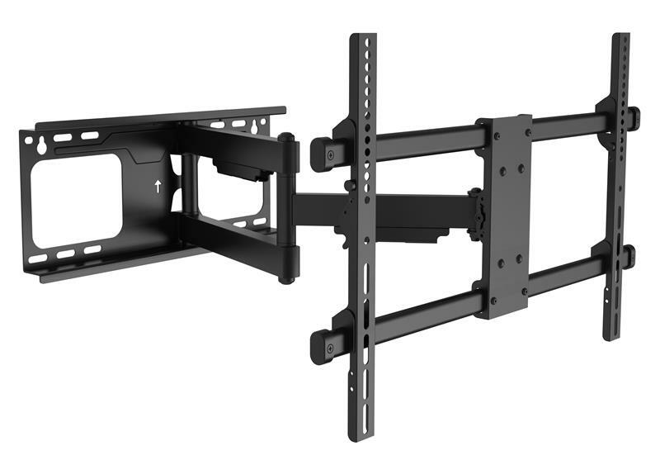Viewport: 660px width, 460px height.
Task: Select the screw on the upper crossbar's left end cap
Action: pyautogui.click(x=328, y=154)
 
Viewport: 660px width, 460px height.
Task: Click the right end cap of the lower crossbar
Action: pyautogui.click(x=629, y=256)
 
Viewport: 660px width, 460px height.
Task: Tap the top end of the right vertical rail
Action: pyautogui.click(x=620, y=40)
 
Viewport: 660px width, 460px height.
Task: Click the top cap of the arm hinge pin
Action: pyautogui.click(x=285, y=139)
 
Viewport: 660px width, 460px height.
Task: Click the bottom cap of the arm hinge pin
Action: pyautogui.click(x=286, y=278)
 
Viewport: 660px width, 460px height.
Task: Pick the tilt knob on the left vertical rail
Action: pyautogui.click(x=351, y=186)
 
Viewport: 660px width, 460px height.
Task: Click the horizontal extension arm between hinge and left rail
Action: pyautogui.click(x=322, y=209)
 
